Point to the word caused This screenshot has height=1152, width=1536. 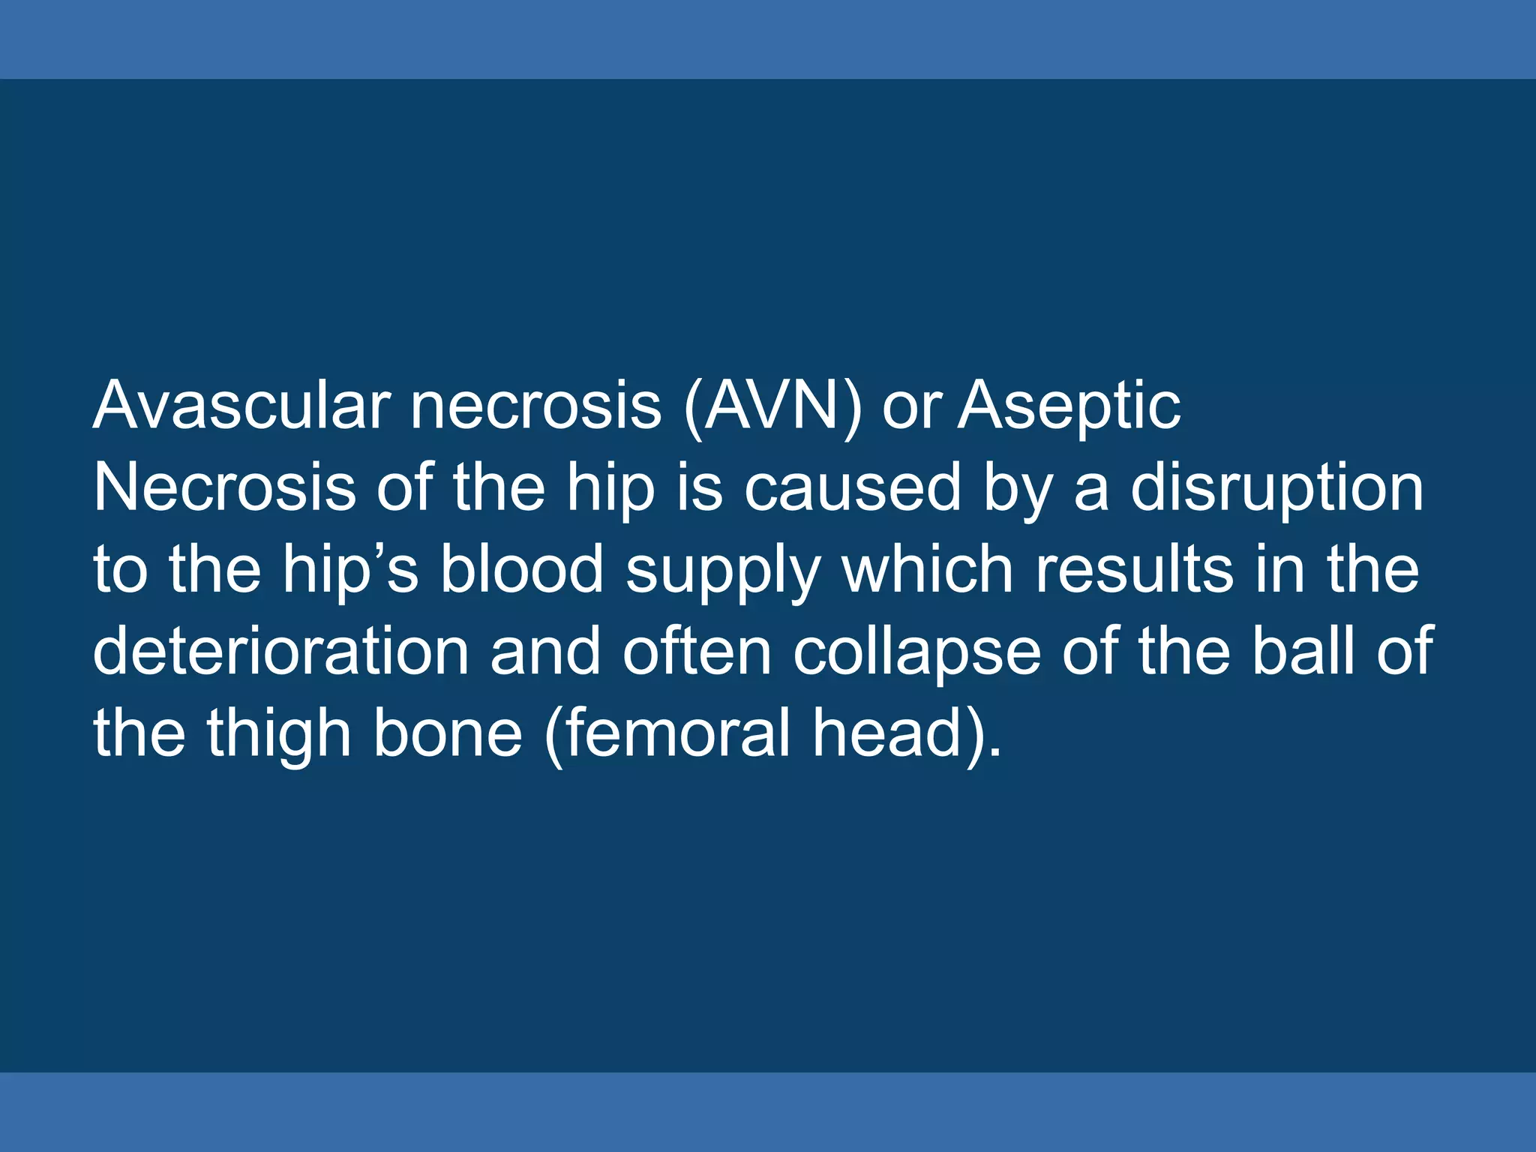point(852,488)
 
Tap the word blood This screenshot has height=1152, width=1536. point(521,569)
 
